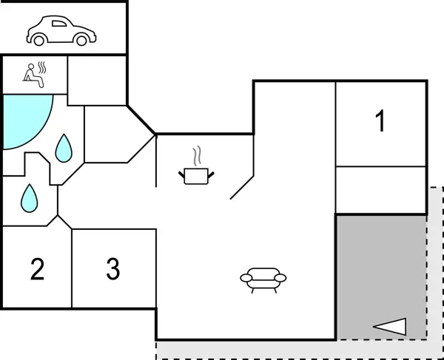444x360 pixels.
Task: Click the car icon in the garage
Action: (61, 31)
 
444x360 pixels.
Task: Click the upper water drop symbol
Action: (65, 149)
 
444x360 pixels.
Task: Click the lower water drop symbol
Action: (29, 197)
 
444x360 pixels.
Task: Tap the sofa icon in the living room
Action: (263, 279)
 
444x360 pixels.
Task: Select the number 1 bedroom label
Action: (380, 122)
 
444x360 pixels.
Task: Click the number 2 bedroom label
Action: (37, 269)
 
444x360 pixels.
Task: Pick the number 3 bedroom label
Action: (112, 269)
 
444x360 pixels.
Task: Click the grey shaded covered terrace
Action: (381, 274)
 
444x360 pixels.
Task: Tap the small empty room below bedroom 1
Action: (381, 190)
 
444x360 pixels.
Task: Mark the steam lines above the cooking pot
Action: (197, 157)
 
